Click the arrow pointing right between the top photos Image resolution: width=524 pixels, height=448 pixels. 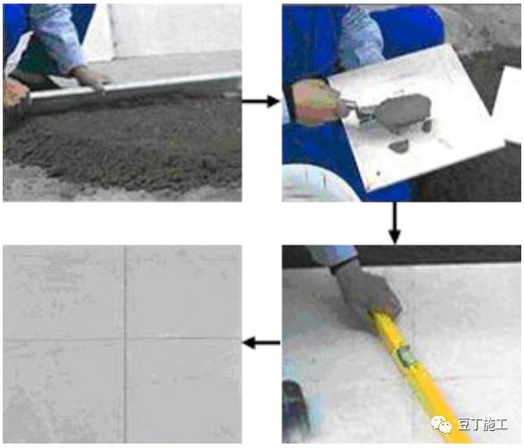(x=261, y=101)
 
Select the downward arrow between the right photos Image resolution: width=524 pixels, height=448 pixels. (x=395, y=223)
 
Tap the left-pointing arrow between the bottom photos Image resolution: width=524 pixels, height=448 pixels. (x=262, y=343)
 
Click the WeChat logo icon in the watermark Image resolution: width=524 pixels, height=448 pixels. (x=442, y=425)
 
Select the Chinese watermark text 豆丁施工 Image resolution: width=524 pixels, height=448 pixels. (x=483, y=425)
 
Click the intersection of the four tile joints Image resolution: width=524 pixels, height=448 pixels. (x=125, y=339)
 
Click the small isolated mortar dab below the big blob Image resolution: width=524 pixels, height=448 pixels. (x=399, y=145)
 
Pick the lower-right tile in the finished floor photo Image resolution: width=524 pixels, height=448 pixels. (x=184, y=391)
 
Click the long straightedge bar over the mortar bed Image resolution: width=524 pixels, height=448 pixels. (x=134, y=87)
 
